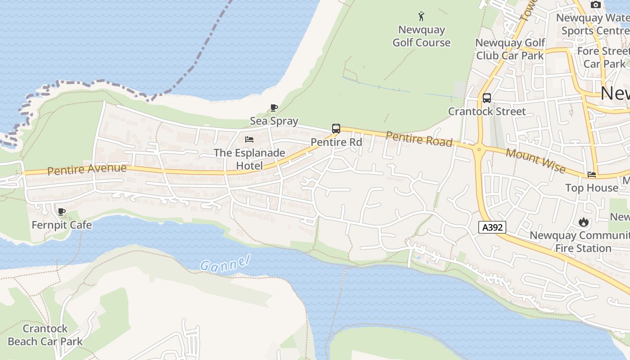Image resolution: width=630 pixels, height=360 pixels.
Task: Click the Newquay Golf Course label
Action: tap(421, 36)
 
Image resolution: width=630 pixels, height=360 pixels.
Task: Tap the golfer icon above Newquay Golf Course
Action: tap(421, 17)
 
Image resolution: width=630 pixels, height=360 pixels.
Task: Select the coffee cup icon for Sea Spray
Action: tap(274, 108)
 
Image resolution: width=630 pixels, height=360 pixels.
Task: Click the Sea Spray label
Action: tap(274, 121)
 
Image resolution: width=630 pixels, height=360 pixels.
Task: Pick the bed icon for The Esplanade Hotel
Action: tap(249, 139)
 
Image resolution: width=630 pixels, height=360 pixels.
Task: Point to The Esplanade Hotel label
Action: tap(249, 159)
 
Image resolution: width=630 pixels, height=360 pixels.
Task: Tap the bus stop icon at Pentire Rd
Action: tap(336, 129)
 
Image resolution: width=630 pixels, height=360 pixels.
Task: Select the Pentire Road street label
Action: tap(419, 139)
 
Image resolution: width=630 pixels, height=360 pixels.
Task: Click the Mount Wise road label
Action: tap(535, 161)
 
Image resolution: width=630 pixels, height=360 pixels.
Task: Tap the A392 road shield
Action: tap(492, 227)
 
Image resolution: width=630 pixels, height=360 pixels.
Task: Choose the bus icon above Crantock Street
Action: tap(486, 98)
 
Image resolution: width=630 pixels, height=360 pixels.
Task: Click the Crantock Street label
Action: tap(487, 111)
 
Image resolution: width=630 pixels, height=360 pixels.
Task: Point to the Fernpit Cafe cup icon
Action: tap(62, 211)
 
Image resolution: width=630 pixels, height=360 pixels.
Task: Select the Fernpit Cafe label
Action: tap(62, 225)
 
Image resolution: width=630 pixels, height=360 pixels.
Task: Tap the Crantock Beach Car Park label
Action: tap(45, 335)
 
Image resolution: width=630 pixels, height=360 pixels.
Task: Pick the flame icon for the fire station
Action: tap(584, 222)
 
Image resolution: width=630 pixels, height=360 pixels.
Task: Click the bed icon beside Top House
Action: tap(592, 175)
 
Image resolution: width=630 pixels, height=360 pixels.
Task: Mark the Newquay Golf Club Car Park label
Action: tap(510, 49)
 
